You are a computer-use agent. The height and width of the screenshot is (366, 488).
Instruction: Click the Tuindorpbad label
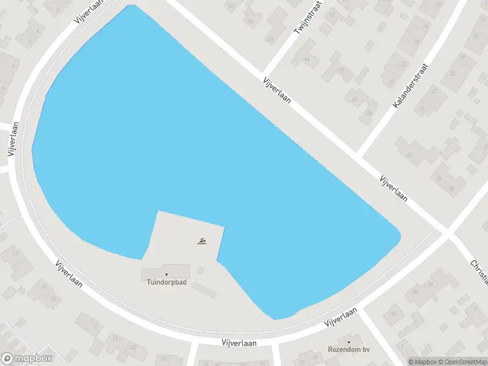click(x=166, y=282)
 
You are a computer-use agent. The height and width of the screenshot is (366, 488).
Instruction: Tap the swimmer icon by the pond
click(x=202, y=242)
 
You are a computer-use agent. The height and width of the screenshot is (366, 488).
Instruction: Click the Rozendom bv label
click(x=349, y=350)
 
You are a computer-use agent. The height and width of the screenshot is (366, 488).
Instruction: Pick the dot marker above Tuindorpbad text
click(x=166, y=274)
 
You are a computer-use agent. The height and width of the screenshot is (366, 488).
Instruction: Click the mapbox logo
click(x=27, y=359)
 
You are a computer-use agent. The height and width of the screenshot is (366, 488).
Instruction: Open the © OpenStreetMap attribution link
click(x=462, y=361)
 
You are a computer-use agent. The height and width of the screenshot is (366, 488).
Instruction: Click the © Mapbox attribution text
click(x=422, y=361)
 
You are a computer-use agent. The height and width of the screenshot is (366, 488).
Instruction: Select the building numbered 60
click(x=409, y=154)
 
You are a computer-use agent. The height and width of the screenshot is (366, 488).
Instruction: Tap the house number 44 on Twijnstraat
click(x=307, y=59)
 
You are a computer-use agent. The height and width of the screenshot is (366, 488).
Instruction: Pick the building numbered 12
click(x=16, y=254)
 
